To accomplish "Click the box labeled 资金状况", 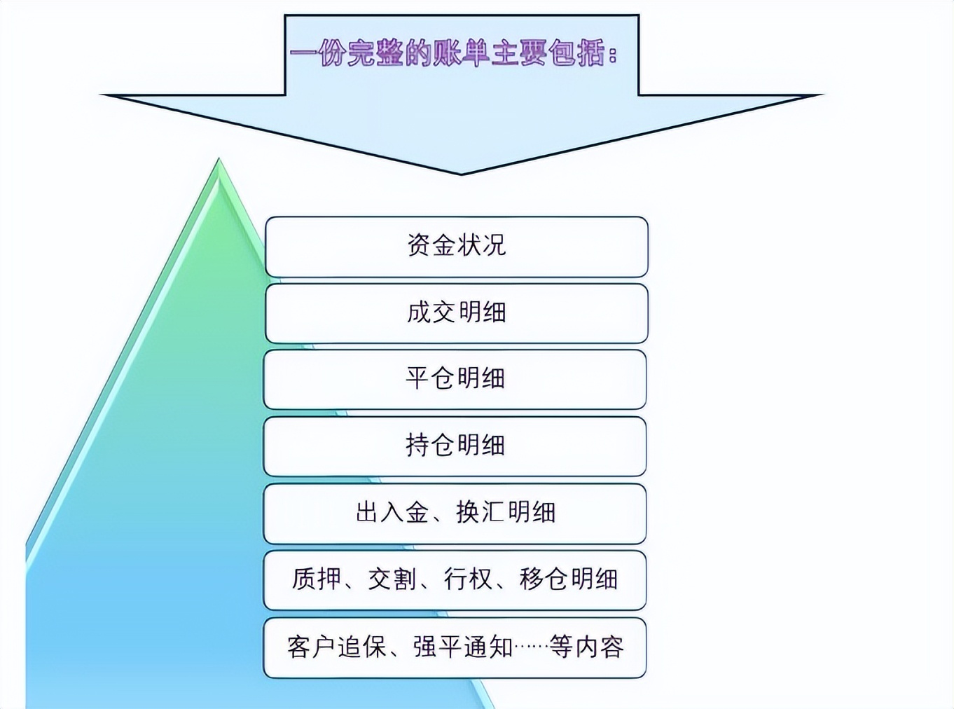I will [x=456, y=246].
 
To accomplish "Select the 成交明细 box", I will [x=456, y=312].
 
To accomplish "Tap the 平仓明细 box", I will [x=455, y=379].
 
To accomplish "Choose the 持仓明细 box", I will [x=455, y=446].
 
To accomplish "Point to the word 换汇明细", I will [x=506, y=513].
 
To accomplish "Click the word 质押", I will [x=317, y=579].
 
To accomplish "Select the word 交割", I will [x=392, y=579].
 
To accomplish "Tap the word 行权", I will [x=468, y=579].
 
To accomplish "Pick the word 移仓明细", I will [x=568, y=579].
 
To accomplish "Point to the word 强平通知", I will [x=463, y=647].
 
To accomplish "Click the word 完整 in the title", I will [x=373, y=54].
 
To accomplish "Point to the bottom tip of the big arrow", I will [x=461, y=173].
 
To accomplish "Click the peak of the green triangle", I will [x=219, y=161].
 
